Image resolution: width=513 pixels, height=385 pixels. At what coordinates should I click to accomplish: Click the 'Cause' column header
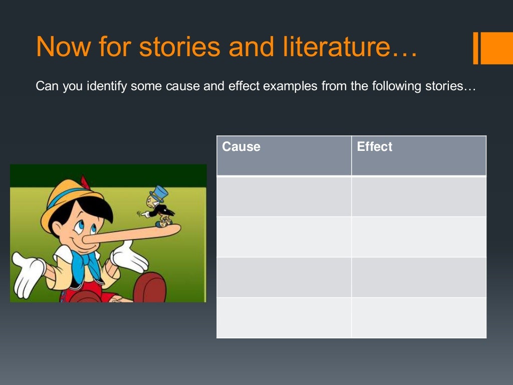coord(241,147)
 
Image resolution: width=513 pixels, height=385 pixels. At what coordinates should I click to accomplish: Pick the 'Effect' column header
coord(374,147)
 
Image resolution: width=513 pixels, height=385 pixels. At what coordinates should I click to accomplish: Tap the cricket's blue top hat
coord(159,193)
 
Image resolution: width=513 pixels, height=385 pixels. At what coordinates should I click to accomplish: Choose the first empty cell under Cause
coord(284,197)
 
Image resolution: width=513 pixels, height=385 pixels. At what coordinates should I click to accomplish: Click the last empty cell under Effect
coord(419,318)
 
